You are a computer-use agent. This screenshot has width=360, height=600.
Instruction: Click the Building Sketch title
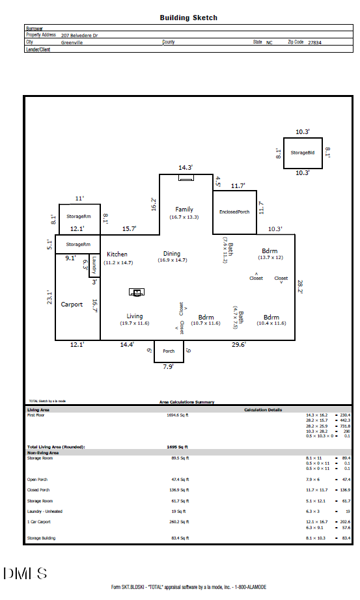tap(189, 18)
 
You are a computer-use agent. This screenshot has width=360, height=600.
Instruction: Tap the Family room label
tap(184, 209)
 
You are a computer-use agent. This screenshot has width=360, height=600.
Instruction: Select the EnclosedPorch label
tap(234, 212)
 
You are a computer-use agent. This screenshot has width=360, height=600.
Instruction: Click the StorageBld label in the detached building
tap(303, 152)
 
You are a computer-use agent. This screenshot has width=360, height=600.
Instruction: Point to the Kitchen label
tap(117, 254)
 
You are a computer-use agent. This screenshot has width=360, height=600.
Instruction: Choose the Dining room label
tap(172, 254)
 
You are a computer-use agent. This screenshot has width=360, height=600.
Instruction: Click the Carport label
tap(72, 305)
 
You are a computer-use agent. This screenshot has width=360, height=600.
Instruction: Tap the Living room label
tap(135, 316)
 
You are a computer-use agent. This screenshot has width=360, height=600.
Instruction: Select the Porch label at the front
tap(169, 351)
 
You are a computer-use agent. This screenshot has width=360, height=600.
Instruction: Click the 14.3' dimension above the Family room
tap(186, 168)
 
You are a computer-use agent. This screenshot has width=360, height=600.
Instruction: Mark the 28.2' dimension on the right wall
tap(300, 287)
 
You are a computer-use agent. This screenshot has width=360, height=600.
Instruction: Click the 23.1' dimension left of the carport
tap(48, 297)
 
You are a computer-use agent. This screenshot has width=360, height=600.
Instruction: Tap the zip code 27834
tap(314, 42)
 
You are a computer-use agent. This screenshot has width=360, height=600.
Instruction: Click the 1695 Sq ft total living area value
tap(178, 447)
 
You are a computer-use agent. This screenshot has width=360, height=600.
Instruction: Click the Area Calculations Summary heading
tap(187, 402)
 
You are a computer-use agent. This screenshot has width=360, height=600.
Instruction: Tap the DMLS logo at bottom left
tap(25, 573)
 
